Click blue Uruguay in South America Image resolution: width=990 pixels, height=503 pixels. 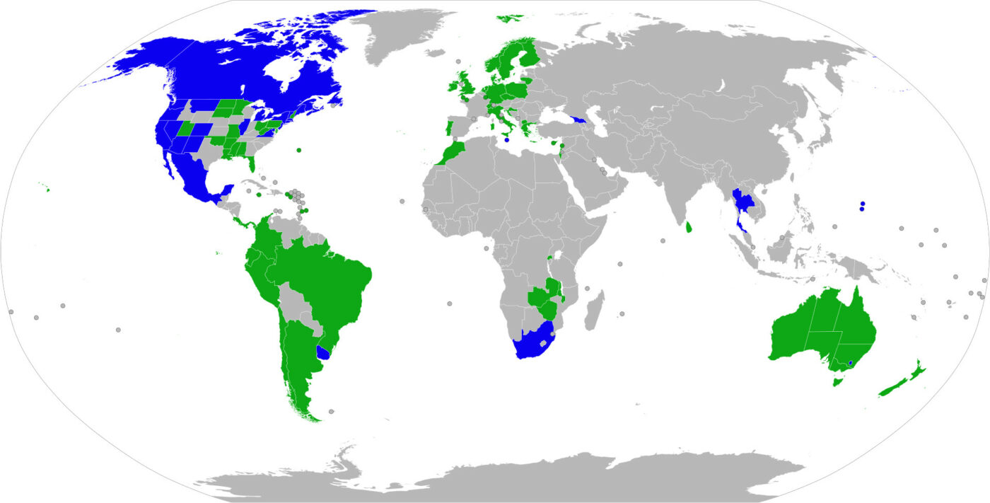click(x=325, y=352)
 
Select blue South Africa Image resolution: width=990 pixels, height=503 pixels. click(x=532, y=344)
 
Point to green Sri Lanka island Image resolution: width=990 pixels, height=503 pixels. click(x=689, y=228)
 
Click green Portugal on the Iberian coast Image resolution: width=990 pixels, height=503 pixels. click(x=448, y=129)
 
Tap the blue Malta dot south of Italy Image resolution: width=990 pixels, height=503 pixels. click(x=507, y=140)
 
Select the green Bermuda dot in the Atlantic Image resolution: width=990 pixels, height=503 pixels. click(x=299, y=150)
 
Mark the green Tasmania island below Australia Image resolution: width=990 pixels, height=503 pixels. click(x=838, y=382)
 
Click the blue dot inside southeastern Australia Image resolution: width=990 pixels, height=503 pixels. click(x=850, y=364)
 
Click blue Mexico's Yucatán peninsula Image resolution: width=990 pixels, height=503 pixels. click(x=227, y=190)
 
